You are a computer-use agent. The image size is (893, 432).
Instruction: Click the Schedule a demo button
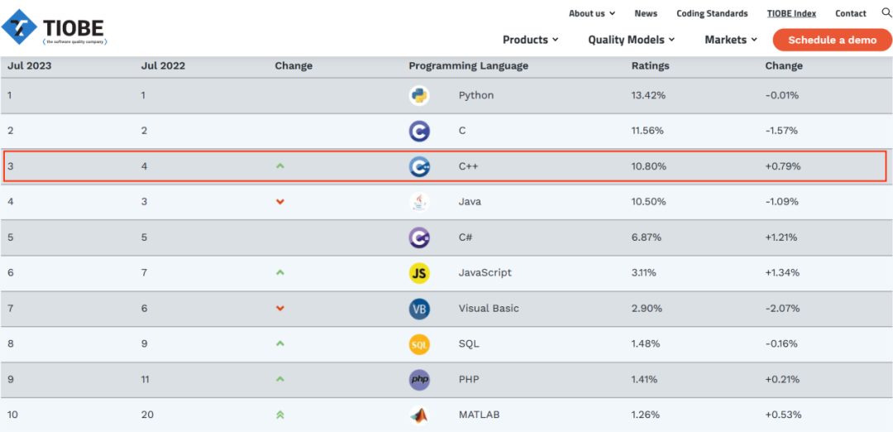tap(832, 40)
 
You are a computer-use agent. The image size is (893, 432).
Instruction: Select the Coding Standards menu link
tap(712, 14)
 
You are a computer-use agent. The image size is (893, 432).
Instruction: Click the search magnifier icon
tap(886, 12)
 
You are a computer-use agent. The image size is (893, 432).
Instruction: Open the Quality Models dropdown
tap(631, 40)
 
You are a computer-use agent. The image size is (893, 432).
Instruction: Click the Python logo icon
tap(419, 95)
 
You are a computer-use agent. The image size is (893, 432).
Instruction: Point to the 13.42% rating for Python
tap(648, 95)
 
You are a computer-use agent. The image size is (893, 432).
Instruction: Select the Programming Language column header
tap(468, 65)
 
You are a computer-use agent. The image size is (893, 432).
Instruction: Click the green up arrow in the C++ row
tap(279, 166)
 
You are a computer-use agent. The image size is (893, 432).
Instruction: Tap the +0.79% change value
tap(782, 166)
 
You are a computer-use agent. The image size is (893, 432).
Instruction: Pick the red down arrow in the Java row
tap(279, 202)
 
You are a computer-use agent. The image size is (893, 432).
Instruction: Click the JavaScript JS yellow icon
tap(419, 273)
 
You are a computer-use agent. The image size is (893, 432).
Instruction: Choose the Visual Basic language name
tap(489, 309)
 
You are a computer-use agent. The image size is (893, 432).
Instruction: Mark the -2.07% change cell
tap(782, 309)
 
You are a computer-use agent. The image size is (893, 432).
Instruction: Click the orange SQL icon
tap(419, 344)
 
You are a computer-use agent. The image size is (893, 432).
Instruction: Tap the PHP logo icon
tap(419, 380)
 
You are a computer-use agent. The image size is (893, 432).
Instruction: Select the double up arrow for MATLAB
tap(279, 415)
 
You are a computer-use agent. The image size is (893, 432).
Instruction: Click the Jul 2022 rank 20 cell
tap(147, 415)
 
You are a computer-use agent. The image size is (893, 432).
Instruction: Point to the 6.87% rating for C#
tap(647, 237)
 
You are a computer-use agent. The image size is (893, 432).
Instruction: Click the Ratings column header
tap(651, 65)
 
